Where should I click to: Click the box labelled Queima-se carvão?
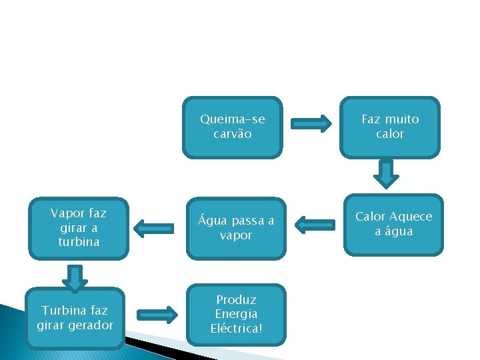tap(233, 127)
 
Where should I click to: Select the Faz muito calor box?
tap(390, 127)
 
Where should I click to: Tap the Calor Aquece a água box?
tap(393, 225)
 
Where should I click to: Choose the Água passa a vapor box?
tap(236, 228)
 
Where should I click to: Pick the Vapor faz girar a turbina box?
tap(79, 228)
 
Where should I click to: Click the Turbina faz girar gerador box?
tap(75, 318)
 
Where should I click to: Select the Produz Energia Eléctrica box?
tap(236, 315)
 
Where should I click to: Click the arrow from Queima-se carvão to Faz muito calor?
tap(312, 123)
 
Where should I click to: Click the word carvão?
tap(233, 134)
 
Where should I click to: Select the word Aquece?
tap(411, 217)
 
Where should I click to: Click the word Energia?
tap(236, 314)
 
